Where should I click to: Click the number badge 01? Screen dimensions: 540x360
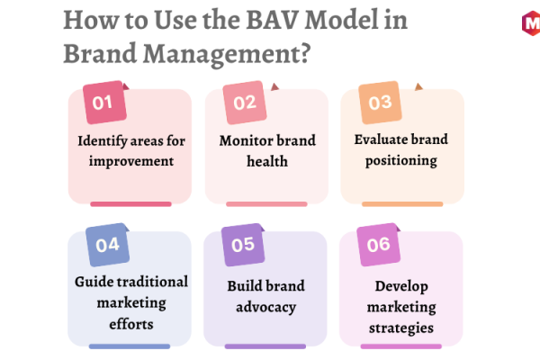[104, 103]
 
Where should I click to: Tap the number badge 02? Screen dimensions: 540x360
[245, 103]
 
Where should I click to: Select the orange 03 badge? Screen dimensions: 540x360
[380, 103]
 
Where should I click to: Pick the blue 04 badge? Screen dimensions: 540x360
[107, 245]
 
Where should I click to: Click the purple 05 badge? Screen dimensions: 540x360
[243, 245]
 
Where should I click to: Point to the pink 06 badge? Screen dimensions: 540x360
[379, 245]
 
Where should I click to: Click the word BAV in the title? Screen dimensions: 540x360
[272, 20]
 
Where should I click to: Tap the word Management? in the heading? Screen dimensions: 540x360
[227, 54]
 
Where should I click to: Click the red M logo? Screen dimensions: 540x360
[531, 23]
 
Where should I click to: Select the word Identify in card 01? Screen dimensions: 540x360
[103, 141]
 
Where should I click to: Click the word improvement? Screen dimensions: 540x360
[131, 161]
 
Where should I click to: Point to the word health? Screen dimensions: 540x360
[267, 161]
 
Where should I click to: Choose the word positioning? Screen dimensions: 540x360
[401, 160]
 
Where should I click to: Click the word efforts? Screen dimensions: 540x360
[131, 324]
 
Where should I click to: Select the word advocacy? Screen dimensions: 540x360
[265, 307]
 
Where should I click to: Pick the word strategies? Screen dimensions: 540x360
[401, 328]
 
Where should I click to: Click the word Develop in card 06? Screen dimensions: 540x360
[401, 286]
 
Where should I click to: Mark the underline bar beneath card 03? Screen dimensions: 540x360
[402, 204]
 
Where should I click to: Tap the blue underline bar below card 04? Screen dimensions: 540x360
[130, 346]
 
